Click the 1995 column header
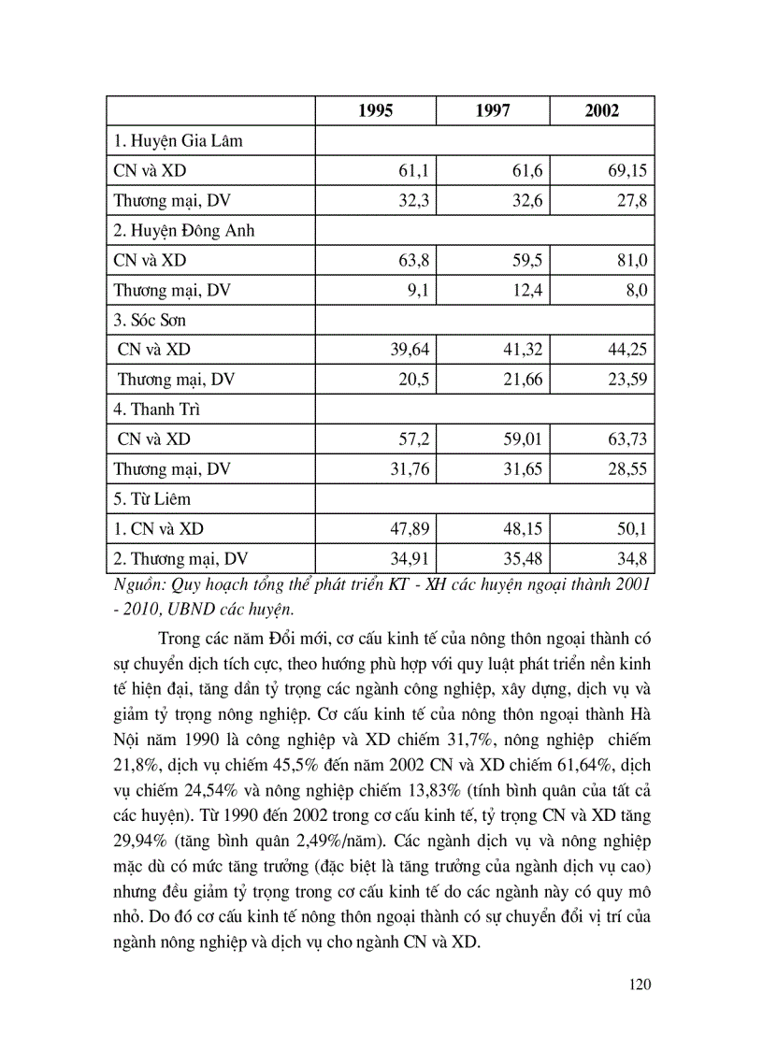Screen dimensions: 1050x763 (x=376, y=111)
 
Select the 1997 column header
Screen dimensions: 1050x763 (x=492, y=111)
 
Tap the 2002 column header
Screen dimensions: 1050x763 (x=602, y=111)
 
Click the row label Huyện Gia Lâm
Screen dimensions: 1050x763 (x=178, y=141)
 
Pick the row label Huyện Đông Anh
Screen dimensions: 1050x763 (x=184, y=231)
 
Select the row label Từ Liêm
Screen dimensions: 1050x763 (x=151, y=499)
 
